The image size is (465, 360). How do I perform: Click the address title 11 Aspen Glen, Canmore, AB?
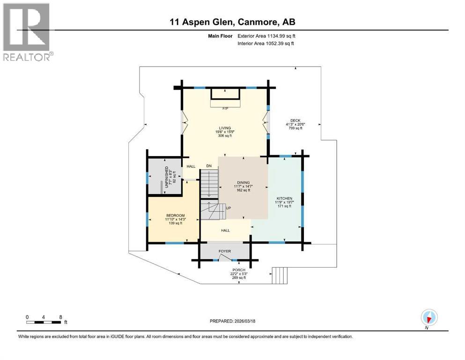(x=232, y=22)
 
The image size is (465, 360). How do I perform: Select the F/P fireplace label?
(x=225, y=108)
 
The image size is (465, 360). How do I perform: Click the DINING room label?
(x=243, y=183)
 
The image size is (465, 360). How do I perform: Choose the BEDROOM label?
(x=175, y=216)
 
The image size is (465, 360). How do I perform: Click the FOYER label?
(x=225, y=251)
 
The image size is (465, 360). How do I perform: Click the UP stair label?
(x=228, y=208)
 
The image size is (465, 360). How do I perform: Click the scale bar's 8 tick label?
(x=60, y=317)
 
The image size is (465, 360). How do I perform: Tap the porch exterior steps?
(x=280, y=275)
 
